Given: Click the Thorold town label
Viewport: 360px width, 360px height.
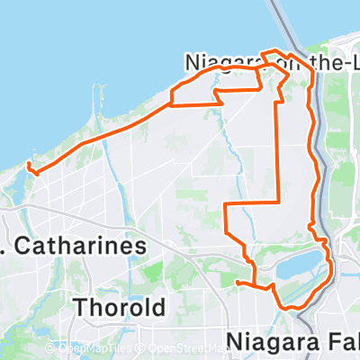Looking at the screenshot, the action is click(x=121, y=307).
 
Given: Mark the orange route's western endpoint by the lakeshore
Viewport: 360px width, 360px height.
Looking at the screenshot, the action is click(x=29, y=164).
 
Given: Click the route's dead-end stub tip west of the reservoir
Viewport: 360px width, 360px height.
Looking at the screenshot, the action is click(x=237, y=283).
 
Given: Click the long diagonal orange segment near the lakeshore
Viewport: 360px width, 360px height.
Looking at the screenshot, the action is click(x=99, y=134).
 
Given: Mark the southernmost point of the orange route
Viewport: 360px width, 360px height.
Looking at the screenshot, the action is click(x=290, y=309).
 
